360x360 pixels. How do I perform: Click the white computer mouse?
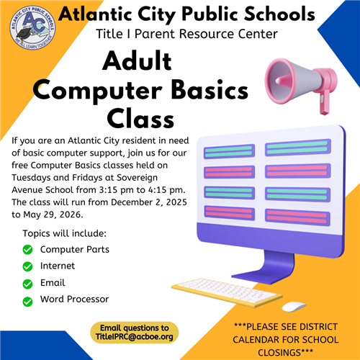[x=293, y=306]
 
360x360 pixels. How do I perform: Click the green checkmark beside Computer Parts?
[x=28, y=250]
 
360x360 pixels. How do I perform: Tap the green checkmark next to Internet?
[x=28, y=266]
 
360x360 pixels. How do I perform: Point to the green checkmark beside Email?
[x=28, y=284]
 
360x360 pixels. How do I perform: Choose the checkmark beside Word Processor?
[x=28, y=300]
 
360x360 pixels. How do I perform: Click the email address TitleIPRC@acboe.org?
[x=135, y=336]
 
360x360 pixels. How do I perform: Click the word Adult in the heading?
[x=140, y=63]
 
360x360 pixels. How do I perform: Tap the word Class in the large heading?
[x=140, y=117]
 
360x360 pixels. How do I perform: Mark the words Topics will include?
[x=65, y=234]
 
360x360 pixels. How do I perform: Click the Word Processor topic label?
[x=74, y=299]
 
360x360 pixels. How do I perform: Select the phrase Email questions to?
[x=135, y=327]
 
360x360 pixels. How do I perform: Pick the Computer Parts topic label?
[x=75, y=249]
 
